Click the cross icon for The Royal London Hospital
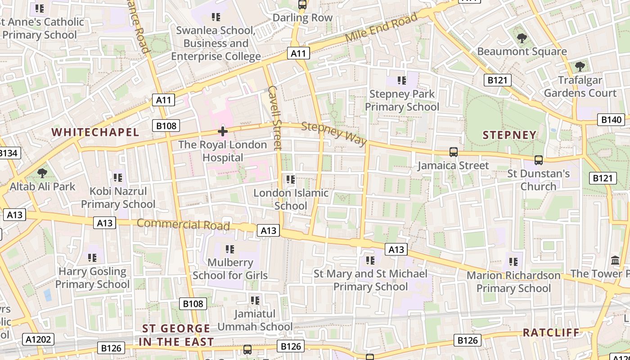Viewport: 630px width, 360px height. pyautogui.click(x=223, y=131)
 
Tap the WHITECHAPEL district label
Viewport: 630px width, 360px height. pyautogui.click(x=95, y=132)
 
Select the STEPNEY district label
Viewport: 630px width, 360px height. pyautogui.click(x=510, y=135)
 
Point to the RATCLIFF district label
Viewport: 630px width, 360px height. pyautogui.click(x=551, y=333)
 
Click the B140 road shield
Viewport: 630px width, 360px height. pyautogui.click(x=611, y=120)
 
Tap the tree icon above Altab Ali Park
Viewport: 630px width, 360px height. pyautogui.click(x=42, y=173)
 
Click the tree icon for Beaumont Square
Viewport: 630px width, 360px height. pyautogui.click(x=522, y=38)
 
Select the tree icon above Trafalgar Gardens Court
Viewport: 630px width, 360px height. pyautogui.click(x=580, y=67)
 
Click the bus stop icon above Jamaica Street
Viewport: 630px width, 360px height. pyautogui.click(x=454, y=152)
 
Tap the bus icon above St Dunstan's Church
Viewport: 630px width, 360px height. pyautogui.click(x=539, y=160)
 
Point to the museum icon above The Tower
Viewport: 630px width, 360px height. pyautogui.click(x=615, y=260)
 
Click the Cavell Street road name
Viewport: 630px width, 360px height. pyautogui.click(x=274, y=117)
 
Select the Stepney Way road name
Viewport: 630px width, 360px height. pyautogui.click(x=334, y=134)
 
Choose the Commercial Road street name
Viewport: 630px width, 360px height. pyautogui.click(x=183, y=224)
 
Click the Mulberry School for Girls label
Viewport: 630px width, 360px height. pyautogui.click(x=230, y=269)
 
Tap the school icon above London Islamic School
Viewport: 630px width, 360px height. pyautogui.click(x=291, y=180)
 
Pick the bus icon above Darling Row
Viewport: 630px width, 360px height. pyautogui.click(x=302, y=5)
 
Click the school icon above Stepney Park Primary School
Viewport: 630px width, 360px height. pyautogui.click(x=402, y=81)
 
